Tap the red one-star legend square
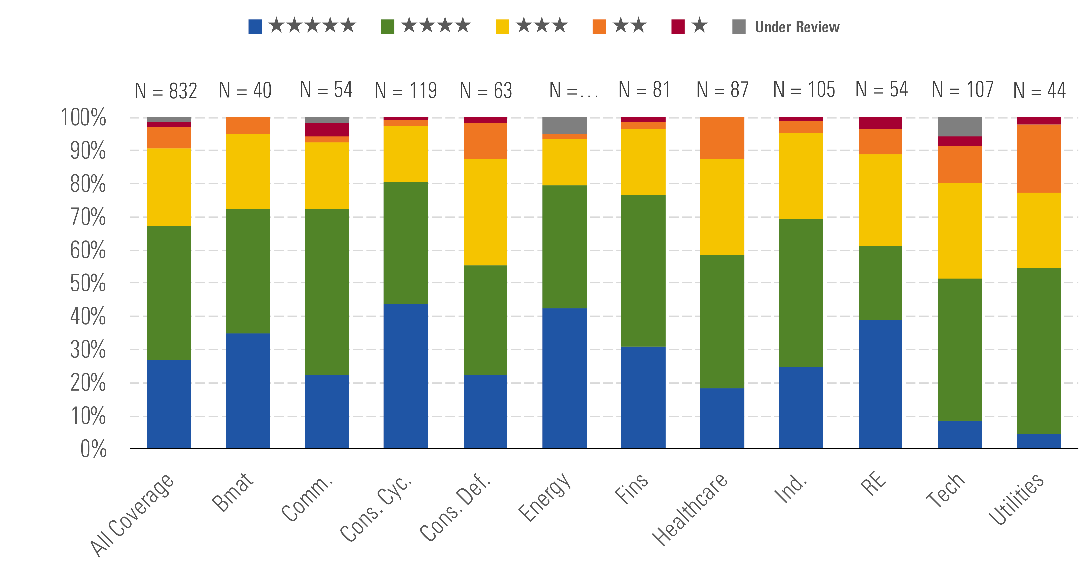tap(678, 26)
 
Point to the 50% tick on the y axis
tap(88, 283)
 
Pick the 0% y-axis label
tap(93, 449)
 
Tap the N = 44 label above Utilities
tap(1039, 91)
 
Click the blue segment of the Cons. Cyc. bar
tap(405, 376)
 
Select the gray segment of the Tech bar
tap(960, 127)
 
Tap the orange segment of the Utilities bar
tap(1039, 158)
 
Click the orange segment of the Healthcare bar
tap(722, 138)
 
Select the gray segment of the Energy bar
tap(564, 125)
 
